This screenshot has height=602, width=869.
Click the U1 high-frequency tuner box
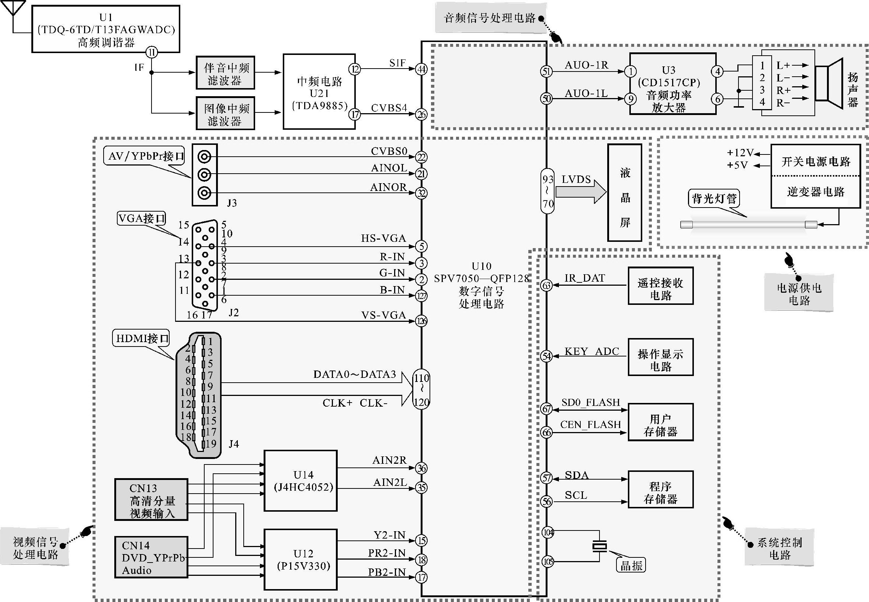pos(105,29)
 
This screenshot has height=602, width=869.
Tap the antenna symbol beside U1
pos(14,9)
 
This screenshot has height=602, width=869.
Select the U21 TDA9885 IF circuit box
pos(319,92)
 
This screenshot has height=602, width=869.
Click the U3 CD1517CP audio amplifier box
pos(672,84)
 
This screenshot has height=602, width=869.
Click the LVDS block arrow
pos(580,192)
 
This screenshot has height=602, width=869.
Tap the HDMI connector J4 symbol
pos(199,395)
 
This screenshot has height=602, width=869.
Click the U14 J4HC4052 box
pos(300,481)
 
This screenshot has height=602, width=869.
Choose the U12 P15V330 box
pos(300,559)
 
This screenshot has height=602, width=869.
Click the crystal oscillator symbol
pos(599,546)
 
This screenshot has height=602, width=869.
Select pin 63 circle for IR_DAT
pos(546,285)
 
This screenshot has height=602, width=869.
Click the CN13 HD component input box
pos(151,500)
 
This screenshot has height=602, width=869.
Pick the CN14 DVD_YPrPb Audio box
pos(151,557)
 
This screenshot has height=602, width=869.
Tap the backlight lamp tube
pos(748,225)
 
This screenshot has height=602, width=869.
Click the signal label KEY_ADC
pos(591,352)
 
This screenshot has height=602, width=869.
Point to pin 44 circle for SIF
pos(421,69)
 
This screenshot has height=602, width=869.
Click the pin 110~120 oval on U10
pos(421,389)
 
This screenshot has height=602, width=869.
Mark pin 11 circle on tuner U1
pos(152,52)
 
